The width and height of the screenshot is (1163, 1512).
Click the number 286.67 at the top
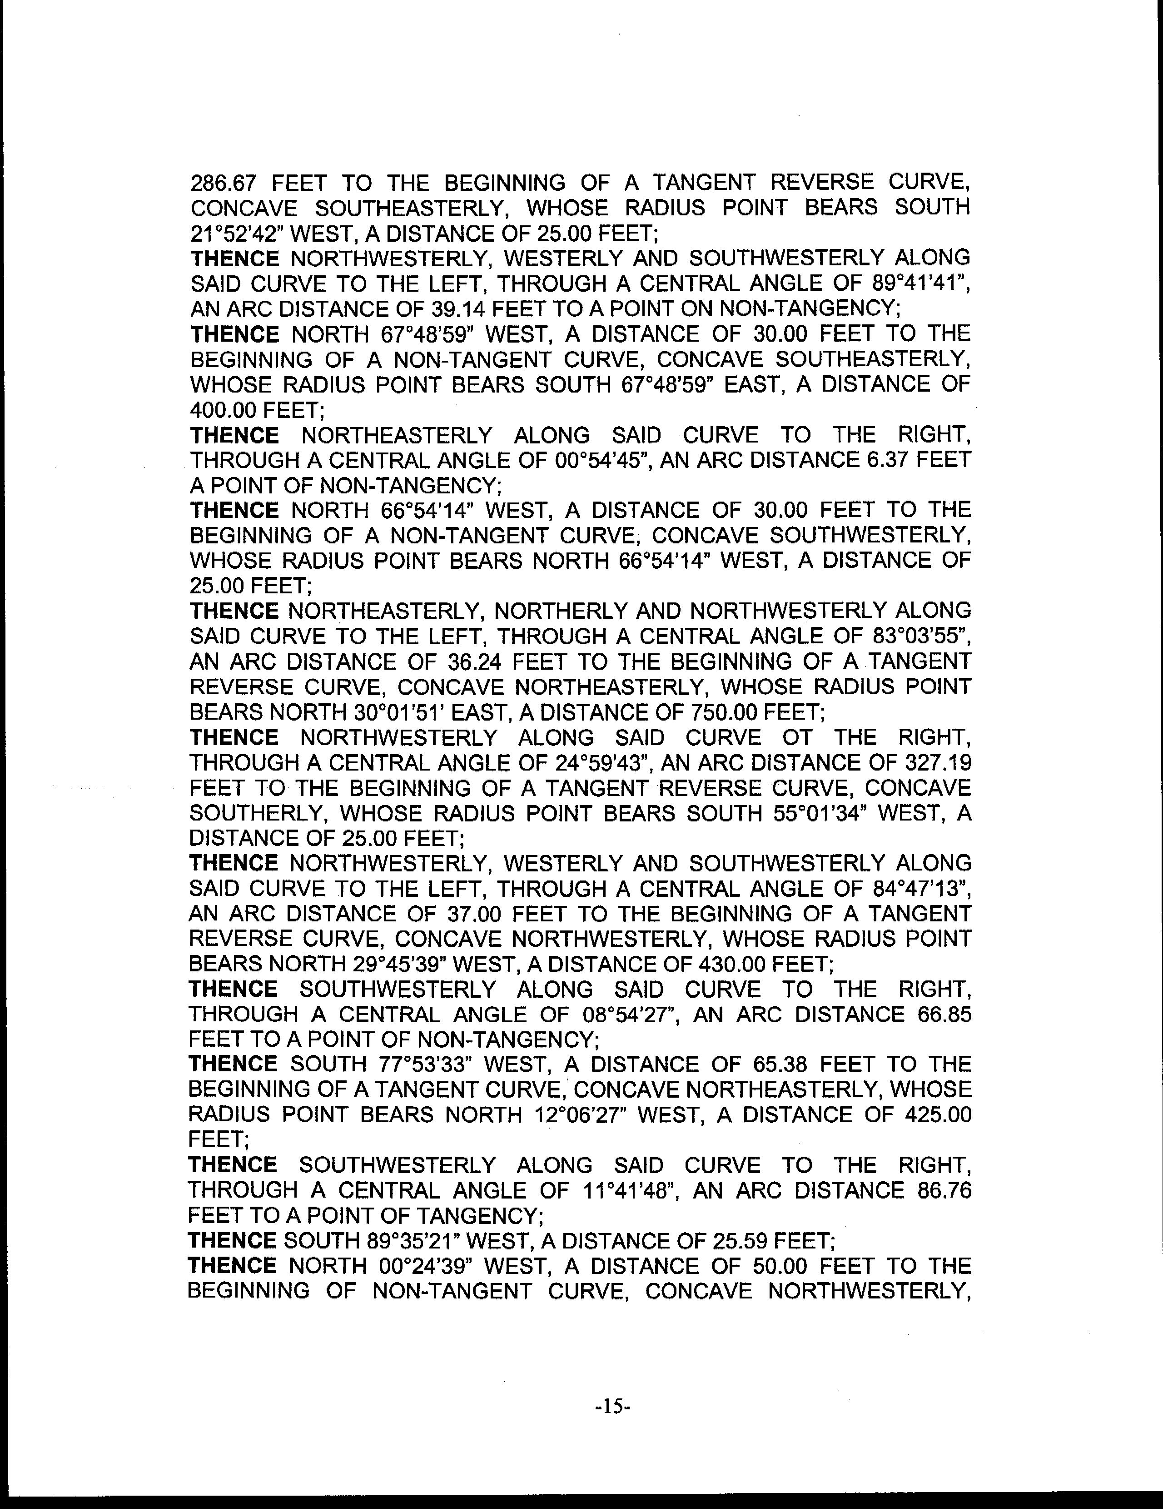pyautogui.click(x=223, y=183)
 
